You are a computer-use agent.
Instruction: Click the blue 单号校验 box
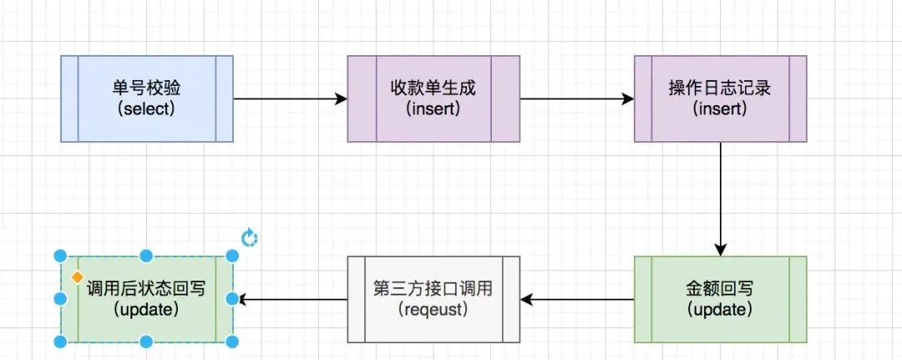147,99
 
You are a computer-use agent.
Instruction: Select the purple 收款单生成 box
433,99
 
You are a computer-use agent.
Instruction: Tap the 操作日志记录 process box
720,99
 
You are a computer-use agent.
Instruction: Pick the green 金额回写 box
720,299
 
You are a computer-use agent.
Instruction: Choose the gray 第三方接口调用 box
433,299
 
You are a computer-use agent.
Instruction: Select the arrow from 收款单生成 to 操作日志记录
576,99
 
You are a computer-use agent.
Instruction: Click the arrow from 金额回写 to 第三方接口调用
576,299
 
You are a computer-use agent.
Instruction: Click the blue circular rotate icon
249,239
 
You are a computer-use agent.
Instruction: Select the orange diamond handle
76,276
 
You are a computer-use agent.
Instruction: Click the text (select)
147,109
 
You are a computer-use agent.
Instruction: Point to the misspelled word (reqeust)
433,310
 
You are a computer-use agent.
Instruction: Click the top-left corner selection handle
60,256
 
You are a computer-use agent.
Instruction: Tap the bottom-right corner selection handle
232,342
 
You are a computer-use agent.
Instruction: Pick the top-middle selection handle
146,256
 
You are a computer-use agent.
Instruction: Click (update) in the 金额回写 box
720,310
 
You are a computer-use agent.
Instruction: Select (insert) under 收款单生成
433,109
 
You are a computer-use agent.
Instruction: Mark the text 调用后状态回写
147,289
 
